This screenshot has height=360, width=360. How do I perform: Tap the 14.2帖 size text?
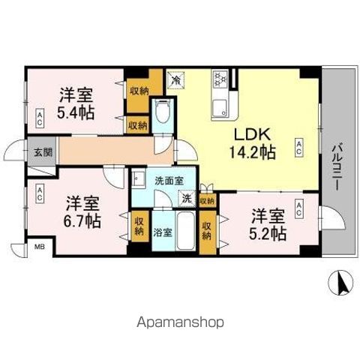coord(253,152)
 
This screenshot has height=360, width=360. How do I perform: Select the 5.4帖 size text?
coord(77,112)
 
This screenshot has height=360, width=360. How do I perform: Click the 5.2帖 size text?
coord(268,233)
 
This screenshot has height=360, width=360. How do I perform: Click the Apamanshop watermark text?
coord(180,323)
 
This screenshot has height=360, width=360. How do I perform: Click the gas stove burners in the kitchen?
coord(221,77)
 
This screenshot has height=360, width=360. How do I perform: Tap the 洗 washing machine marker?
coord(184,199)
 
